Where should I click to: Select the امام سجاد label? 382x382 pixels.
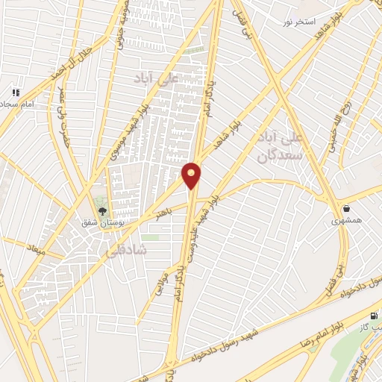[x=18, y=105]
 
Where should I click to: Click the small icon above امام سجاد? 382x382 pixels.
[x=15, y=93]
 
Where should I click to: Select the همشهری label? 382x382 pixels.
[x=347, y=221]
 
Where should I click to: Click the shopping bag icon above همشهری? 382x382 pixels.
[x=347, y=208]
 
